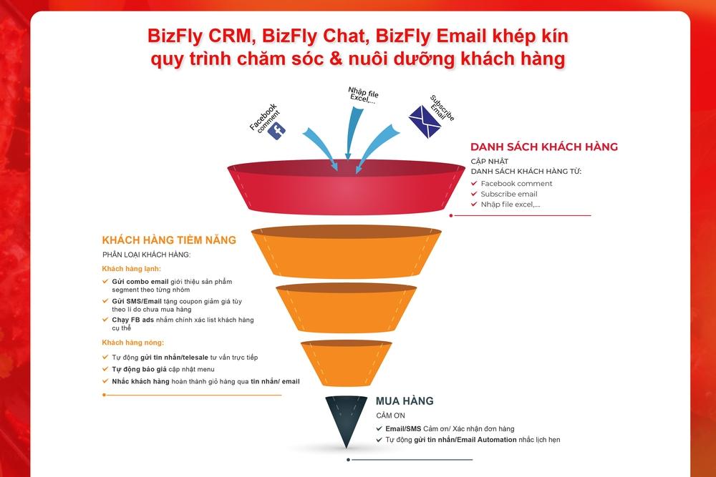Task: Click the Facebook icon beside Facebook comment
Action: tap(276, 131)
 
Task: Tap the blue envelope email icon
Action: tap(423, 121)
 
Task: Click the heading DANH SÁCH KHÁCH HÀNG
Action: tap(543, 147)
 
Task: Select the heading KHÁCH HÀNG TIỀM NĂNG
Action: tap(169, 240)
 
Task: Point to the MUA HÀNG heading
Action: tap(405, 401)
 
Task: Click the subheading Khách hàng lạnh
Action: tap(132, 268)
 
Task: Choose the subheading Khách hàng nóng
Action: tap(133, 343)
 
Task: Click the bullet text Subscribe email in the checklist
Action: tap(508, 194)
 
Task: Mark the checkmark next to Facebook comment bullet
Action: tap(474, 183)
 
